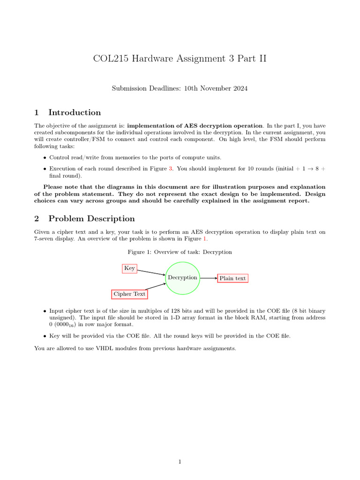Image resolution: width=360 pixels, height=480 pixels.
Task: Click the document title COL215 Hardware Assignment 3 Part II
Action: (180, 59)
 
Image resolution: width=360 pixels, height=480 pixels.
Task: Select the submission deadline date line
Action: (180, 88)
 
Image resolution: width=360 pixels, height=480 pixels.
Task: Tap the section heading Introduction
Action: (75, 112)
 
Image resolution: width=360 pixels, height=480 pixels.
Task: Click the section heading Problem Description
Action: (91, 218)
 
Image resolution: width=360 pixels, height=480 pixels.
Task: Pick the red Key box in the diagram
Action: (129, 268)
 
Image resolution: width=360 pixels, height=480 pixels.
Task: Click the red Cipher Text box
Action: (129, 294)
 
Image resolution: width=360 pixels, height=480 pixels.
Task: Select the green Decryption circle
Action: (182, 277)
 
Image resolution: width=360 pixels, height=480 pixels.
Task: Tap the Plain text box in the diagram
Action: (232, 278)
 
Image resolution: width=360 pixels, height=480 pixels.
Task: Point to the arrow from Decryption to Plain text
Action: (208, 278)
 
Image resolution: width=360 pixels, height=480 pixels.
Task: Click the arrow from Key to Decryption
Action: (151, 272)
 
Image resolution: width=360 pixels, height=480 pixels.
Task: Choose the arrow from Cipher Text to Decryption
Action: (155, 287)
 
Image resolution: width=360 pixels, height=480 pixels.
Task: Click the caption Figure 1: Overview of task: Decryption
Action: (180, 252)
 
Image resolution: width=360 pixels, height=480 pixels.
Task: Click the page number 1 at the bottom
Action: (180, 462)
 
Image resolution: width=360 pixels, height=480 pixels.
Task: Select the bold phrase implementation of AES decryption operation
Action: (195, 126)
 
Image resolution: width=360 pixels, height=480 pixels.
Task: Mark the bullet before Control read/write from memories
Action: (45, 158)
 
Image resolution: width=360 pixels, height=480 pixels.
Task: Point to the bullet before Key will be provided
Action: (45, 336)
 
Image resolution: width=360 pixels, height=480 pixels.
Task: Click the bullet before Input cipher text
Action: (45, 311)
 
